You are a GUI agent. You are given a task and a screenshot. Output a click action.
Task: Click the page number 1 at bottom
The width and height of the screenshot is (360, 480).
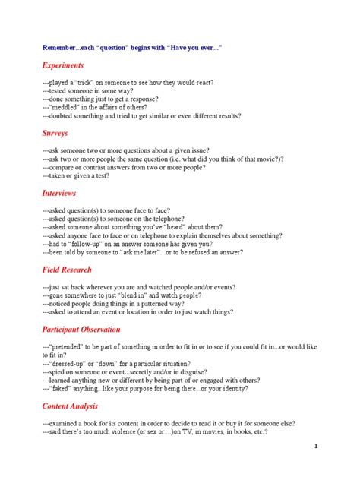point(336,446)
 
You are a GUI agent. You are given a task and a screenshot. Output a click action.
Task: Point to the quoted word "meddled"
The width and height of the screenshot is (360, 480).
point(67,108)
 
